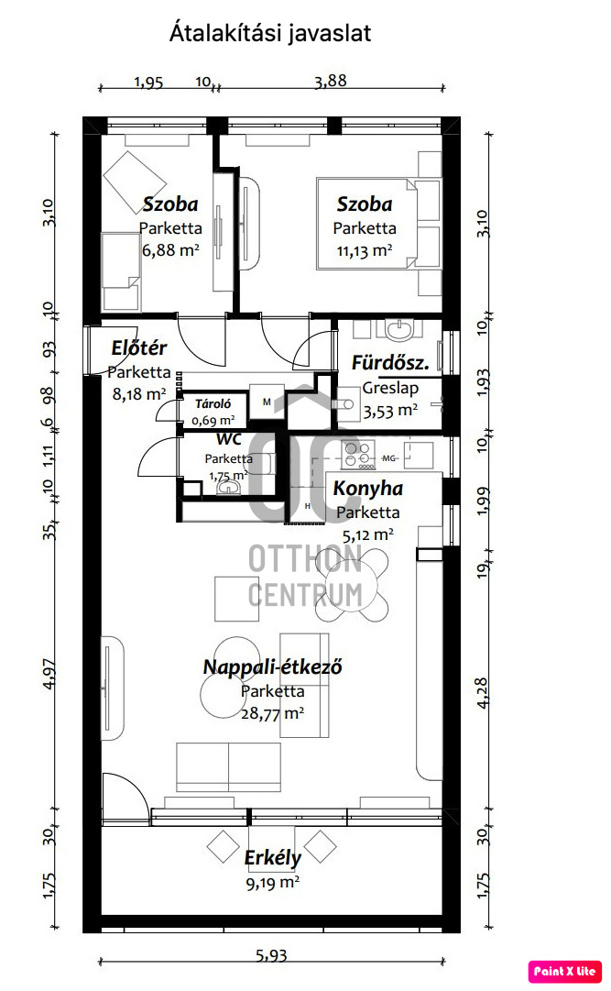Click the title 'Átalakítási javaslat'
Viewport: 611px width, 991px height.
click(270, 33)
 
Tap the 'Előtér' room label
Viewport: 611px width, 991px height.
click(139, 347)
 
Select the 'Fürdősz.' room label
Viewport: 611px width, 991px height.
click(390, 363)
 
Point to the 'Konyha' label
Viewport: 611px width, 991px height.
click(367, 489)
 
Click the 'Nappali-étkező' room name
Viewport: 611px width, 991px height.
click(272, 667)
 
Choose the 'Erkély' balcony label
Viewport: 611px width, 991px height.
click(272, 858)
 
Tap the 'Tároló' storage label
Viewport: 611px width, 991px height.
click(213, 403)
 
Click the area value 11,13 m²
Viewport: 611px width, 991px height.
click(365, 251)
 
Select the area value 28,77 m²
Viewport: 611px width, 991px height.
click(272, 713)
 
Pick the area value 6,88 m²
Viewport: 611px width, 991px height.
click(170, 250)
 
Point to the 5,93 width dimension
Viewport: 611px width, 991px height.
click(271, 955)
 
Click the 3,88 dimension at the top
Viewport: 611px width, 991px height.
click(331, 81)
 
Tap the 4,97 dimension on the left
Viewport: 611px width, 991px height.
click(49, 674)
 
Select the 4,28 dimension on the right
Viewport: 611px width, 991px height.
click(482, 693)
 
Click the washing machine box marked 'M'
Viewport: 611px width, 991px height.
click(267, 402)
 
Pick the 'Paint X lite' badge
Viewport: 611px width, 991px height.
click(565, 972)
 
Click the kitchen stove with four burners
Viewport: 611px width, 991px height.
click(358, 455)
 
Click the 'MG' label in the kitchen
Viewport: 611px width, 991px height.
click(389, 458)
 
